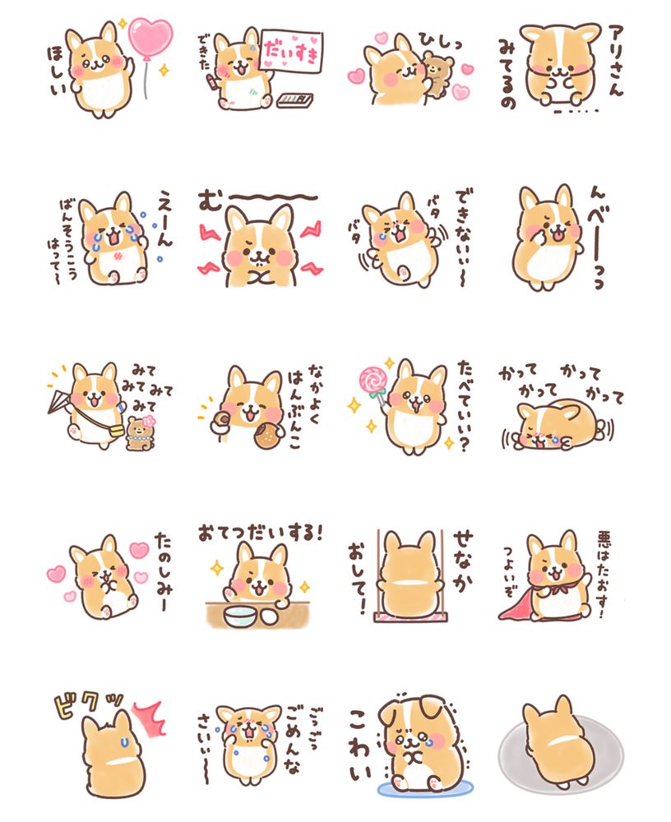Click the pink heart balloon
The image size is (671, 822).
150,38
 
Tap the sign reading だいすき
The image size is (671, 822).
291,51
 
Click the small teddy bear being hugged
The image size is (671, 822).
435,74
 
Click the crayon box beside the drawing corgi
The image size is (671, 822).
295,99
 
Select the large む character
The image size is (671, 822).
211,200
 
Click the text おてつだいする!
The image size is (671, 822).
260,533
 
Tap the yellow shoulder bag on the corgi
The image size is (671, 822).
116,432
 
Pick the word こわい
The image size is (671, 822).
360,745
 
